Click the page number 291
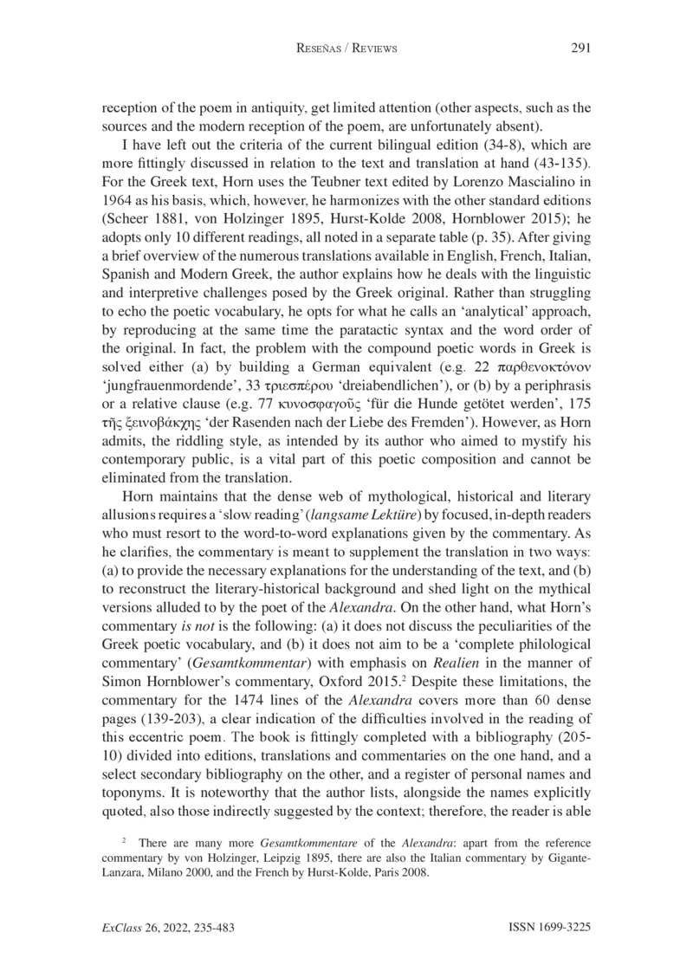pos(580,49)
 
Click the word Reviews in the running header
pos(372,49)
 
